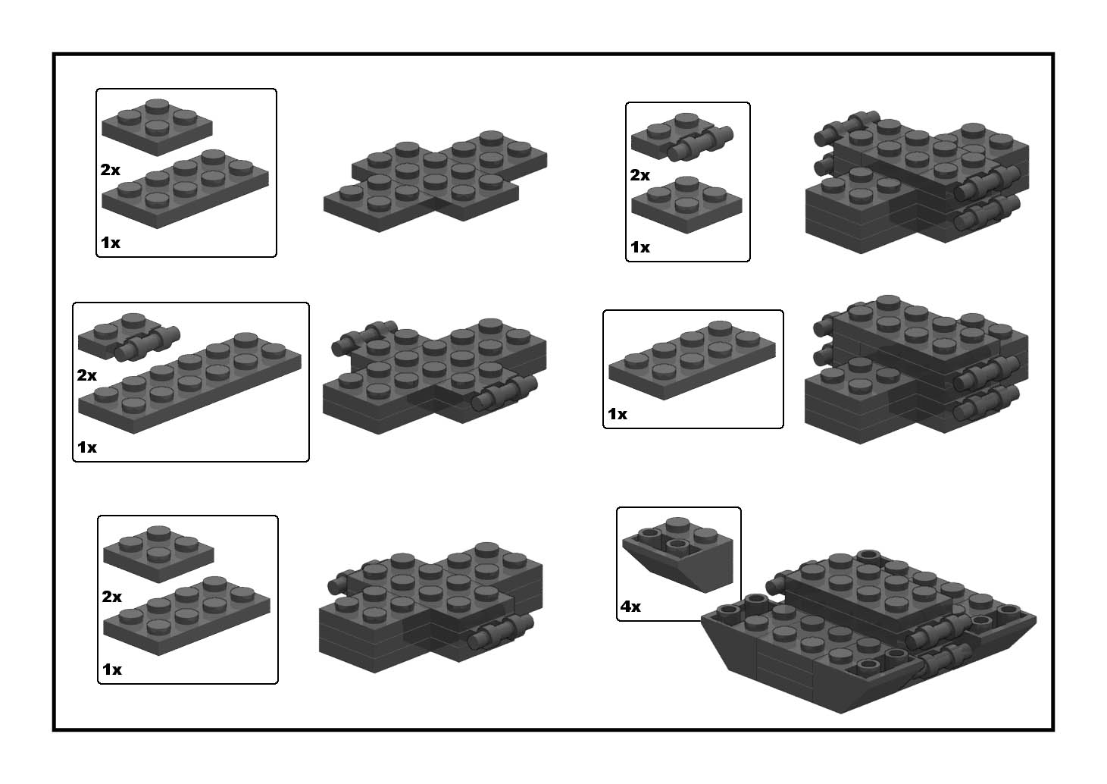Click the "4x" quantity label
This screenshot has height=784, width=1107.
tap(630, 606)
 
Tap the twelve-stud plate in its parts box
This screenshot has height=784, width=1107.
tap(189, 383)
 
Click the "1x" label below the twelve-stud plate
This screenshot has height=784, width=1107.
tap(87, 447)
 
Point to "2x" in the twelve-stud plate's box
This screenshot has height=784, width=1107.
tap(87, 375)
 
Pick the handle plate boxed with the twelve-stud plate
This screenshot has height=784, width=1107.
tap(129, 337)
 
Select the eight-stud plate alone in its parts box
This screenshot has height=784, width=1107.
tap(692, 360)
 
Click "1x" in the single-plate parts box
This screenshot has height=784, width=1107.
tap(618, 413)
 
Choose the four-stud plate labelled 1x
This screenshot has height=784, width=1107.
tap(687, 205)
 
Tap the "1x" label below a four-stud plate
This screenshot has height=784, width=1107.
tap(640, 247)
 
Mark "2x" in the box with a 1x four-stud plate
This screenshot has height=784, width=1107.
tap(640, 175)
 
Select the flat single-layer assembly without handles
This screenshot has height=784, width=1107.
tap(436, 181)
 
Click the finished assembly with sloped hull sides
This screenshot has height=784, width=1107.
tap(868, 632)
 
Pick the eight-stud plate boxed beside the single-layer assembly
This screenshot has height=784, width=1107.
tap(186, 189)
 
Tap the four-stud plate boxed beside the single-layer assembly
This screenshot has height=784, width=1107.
tap(157, 127)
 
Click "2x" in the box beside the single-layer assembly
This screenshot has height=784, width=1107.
tap(110, 170)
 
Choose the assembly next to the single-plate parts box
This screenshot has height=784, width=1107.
tap(917, 369)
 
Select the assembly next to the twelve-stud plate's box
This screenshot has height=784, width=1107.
tap(435, 376)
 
